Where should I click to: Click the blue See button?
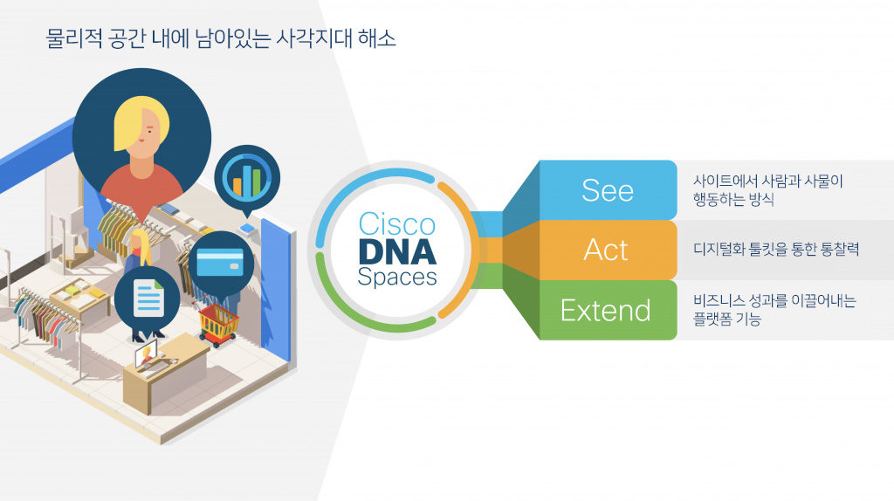(608, 190)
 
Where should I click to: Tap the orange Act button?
(606, 250)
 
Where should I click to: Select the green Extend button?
(606, 310)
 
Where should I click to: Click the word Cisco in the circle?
(396, 224)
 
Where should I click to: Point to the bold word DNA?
(396, 251)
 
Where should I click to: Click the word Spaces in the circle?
(396, 278)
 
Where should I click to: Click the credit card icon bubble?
(220, 261)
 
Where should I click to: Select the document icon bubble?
(148, 299)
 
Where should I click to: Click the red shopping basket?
(217, 323)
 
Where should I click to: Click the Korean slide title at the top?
(221, 38)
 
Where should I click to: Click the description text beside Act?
(776, 250)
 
